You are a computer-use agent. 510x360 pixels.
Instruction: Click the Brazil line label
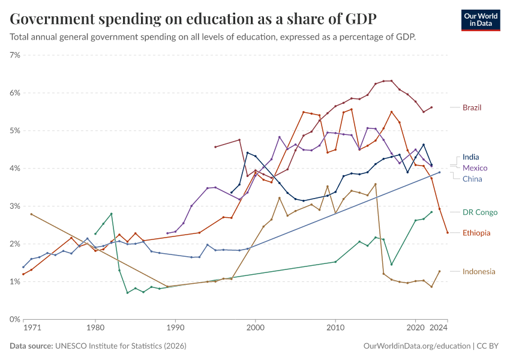tap(472, 107)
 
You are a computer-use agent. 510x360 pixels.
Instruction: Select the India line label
tap(470, 157)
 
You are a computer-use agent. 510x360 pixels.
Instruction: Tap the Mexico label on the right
tap(475, 168)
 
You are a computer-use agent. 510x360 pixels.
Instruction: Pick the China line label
tap(472, 179)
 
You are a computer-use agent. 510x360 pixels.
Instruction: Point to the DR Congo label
tap(480, 212)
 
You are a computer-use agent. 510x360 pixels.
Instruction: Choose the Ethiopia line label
tap(476, 233)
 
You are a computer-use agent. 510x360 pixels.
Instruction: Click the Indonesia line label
tap(479, 272)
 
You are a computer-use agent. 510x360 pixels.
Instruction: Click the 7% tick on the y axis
tap(15, 55)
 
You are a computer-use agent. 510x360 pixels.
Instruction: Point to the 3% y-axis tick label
tap(15, 206)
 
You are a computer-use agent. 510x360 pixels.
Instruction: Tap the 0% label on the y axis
tap(15, 319)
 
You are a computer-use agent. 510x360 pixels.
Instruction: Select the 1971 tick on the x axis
tap(32, 328)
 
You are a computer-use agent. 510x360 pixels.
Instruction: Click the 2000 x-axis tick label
tap(256, 328)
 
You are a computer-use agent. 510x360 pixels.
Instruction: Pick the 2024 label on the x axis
tap(439, 328)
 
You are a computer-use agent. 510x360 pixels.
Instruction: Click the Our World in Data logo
tap(481, 20)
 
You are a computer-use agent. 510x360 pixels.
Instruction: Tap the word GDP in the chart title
tap(361, 19)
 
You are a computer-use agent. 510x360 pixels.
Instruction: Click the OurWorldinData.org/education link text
tap(417, 346)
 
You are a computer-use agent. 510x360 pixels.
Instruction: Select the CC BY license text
tap(488, 346)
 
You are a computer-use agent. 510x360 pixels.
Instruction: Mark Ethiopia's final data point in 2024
tap(448, 233)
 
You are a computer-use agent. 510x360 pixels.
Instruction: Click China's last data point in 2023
tap(440, 172)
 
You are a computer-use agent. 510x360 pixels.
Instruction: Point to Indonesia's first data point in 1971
tap(31, 214)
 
